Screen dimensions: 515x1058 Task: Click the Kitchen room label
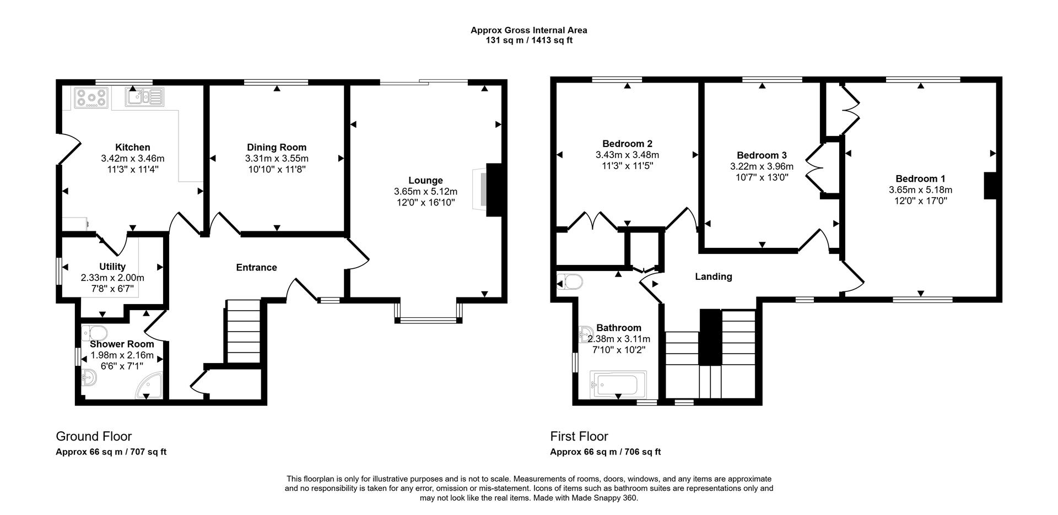tap(132, 147)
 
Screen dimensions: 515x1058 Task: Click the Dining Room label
tap(277, 147)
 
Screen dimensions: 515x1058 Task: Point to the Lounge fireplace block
tap(494, 189)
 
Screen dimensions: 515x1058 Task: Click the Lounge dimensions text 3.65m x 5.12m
tap(425, 192)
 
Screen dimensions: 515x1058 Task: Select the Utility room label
tap(112, 267)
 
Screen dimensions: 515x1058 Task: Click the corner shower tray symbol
tap(151, 385)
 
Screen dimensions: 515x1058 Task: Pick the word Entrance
tap(256, 268)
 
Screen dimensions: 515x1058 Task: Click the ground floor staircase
tap(243, 330)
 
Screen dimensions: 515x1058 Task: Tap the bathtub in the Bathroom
tap(618, 384)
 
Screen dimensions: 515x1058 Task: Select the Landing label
tap(713, 277)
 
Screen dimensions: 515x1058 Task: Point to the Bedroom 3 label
tap(762, 155)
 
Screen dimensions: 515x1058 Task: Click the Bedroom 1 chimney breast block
tap(991, 186)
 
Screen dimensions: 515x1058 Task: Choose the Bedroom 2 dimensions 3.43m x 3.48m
tap(627, 155)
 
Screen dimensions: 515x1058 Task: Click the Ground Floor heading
tap(94, 436)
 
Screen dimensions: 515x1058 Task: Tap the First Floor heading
tap(579, 436)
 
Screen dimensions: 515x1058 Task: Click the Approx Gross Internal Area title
tap(528, 31)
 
